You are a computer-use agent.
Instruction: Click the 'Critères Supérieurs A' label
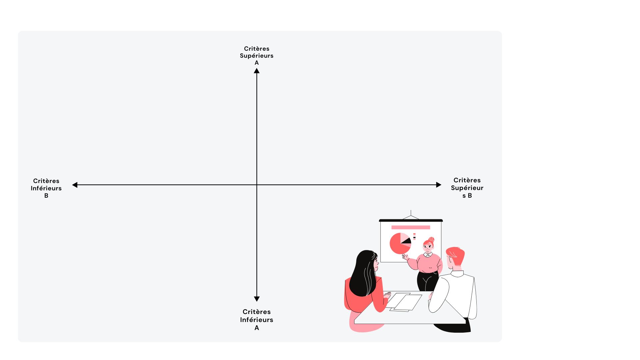pyautogui.click(x=256, y=55)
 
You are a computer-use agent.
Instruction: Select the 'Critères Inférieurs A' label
pyautogui.click(x=256, y=319)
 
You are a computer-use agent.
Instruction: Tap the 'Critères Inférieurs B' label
pyautogui.click(x=46, y=188)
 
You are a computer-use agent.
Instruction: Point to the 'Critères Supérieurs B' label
pyautogui.click(x=467, y=188)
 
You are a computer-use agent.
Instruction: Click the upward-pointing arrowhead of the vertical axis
pyautogui.click(x=256, y=71)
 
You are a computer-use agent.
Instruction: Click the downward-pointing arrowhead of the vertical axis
pyautogui.click(x=256, y=299)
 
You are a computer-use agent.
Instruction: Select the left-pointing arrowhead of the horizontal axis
pyautogui.click(x=75, y=185)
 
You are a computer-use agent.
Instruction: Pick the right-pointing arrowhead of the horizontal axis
pyautogui.click(x=438, y=185)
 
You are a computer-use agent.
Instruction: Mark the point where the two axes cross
pyautogui.click(x=256, y=185)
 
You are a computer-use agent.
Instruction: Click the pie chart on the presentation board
pyautogui.click(x=399, y=244)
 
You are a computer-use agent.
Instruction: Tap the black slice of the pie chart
pyautogui.click(x=407, y=241)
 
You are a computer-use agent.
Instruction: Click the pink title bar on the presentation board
pyautogui.click(x=410, y=227)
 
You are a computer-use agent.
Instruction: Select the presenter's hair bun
pyautogui.click(x=432, y=239)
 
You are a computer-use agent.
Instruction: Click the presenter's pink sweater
pyautogui.click(x=429, y=263)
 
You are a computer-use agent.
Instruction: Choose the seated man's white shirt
pyautogui.click(x=457, y=290)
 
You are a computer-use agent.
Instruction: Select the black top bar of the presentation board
pyautogui.click(x=411, y=220)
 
